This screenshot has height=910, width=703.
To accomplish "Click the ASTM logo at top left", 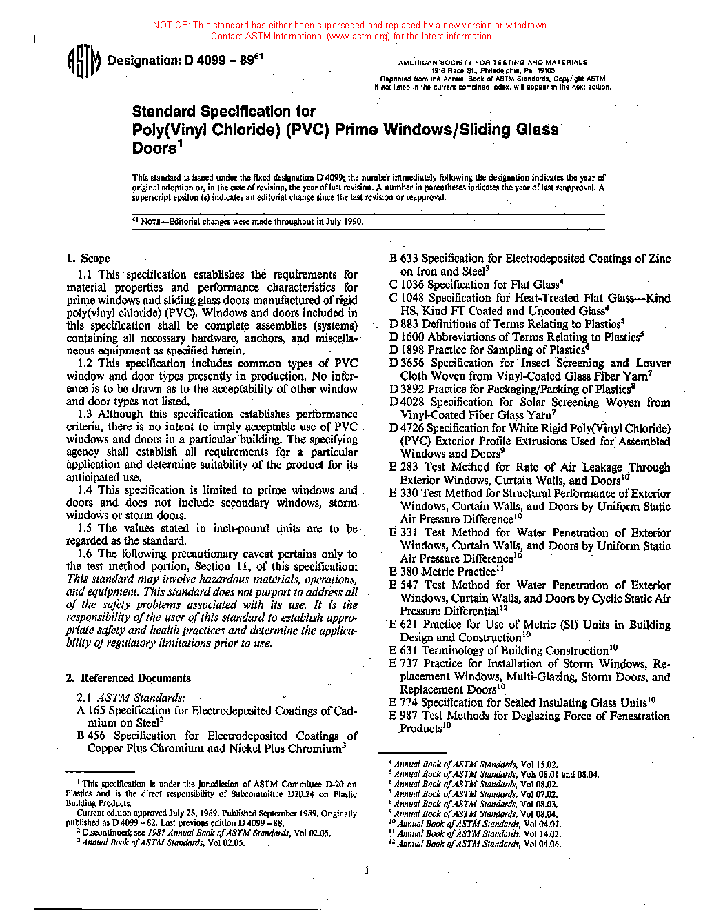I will [83, 61].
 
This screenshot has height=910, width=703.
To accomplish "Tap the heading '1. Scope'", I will [88, 259].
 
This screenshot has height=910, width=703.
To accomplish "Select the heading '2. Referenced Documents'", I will [129, 678].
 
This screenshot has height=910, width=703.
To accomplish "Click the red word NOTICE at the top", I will [171, 26].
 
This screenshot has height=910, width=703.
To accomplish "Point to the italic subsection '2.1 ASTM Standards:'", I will [131, 698].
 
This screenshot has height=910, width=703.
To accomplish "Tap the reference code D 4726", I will [407, 428].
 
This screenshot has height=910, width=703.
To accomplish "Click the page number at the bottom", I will [367, 870].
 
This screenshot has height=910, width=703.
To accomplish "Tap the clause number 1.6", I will [85, 554].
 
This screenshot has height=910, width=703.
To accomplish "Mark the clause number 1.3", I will [85, 414].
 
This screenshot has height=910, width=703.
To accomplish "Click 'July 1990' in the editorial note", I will [342, 222].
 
